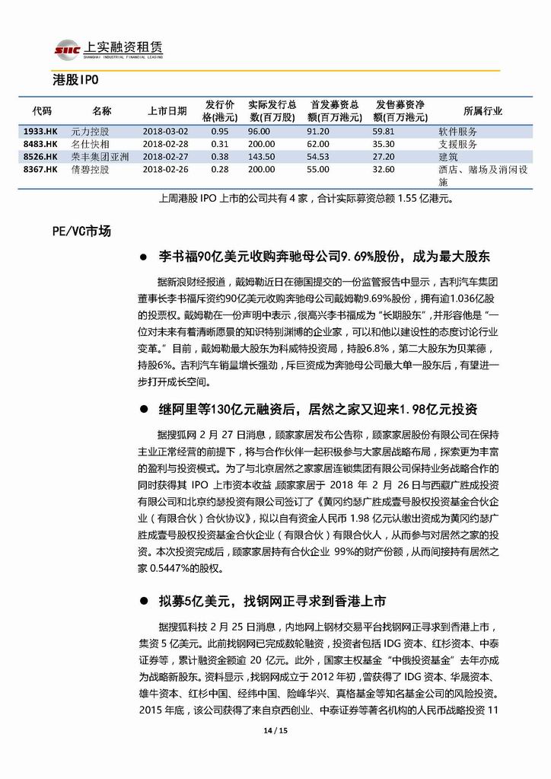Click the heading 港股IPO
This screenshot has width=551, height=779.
tap(76, 80)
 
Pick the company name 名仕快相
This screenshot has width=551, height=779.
tap(91, 144)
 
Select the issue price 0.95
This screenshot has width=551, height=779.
tap(220, 132)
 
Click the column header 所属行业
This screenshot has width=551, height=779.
tap(483, 111)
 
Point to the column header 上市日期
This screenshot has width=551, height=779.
tap(167, 111)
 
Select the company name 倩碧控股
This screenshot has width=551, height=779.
tap(91, 168)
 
